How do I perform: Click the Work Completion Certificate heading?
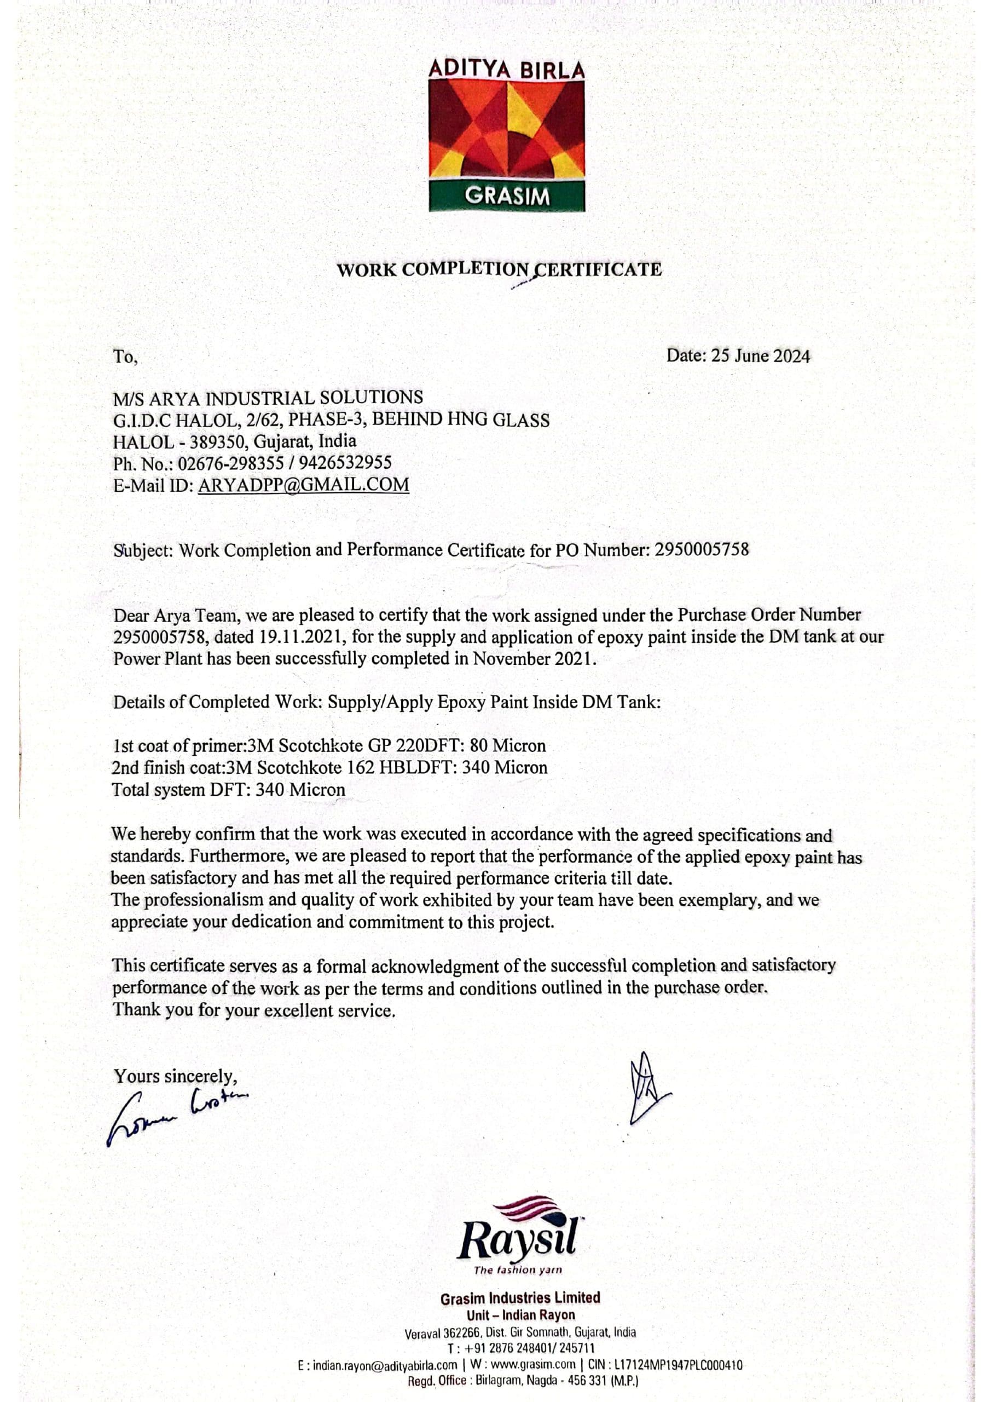click(499, 269)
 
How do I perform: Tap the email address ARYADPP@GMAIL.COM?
click(303, 485)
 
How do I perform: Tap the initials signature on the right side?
click(646, 1091)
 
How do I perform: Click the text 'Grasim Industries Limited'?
click(520, 1298)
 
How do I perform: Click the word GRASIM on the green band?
click(507, 197)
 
